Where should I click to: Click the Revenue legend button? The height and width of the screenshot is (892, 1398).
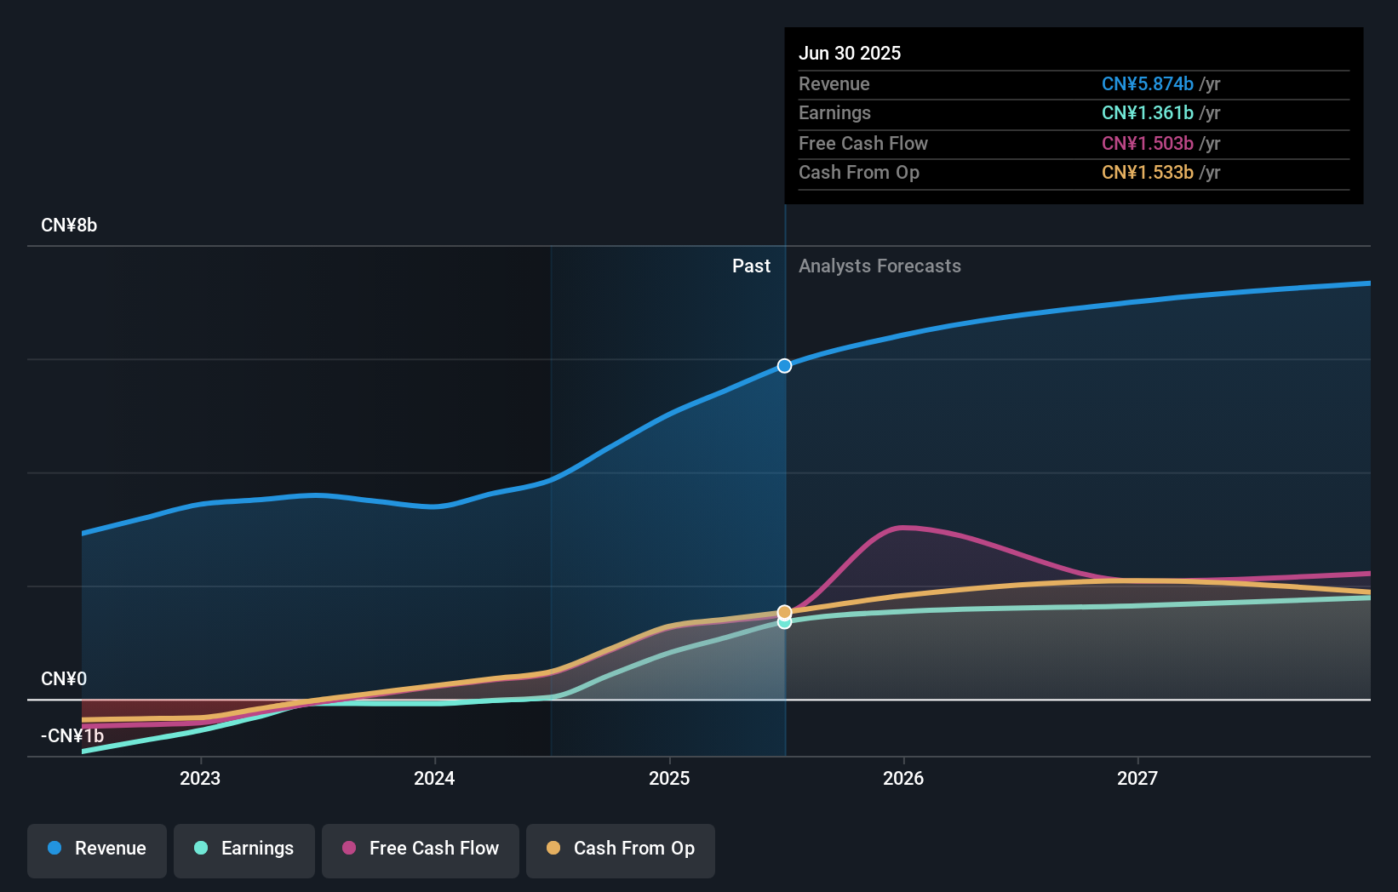(97, 849)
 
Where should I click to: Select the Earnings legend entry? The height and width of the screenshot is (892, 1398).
(244, 849)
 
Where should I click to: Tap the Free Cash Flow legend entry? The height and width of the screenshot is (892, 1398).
(421, 849)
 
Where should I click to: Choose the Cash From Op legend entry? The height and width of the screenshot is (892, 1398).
(621, 849)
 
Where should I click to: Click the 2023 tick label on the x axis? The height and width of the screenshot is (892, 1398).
(200, 779)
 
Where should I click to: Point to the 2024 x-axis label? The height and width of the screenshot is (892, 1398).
(434, 779)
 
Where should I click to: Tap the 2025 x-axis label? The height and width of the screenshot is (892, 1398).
(669, 779)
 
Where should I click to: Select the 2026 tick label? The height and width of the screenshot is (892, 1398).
(903, 779)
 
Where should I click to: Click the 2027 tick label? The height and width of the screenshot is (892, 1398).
(1137, 779)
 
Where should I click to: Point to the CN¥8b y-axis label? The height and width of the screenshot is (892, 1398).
(69, 226)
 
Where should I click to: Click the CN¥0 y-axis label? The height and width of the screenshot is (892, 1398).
(64, 679)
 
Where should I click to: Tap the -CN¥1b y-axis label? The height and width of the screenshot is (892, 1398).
(72, 736)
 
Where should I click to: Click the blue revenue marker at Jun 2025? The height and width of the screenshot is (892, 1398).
(784, 366)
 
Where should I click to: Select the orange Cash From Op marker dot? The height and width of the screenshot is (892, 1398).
(784, 612)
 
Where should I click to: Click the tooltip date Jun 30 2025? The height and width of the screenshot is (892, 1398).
(850, 54)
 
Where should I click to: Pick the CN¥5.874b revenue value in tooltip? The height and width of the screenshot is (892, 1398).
(1147, 84)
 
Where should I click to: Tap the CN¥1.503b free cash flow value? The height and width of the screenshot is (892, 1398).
(1147, 144)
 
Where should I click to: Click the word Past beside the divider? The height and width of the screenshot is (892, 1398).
(751, 266)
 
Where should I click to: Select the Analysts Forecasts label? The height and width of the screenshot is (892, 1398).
(879, 266)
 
